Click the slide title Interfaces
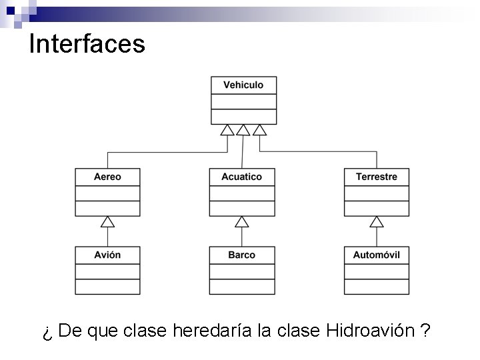coord(87,44)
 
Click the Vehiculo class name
coord(243,85)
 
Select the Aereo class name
coord(107,177)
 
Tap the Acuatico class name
coord(241,177)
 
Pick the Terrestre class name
coord(377,177)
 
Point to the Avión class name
coord(107,255)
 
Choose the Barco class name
coord(241,255)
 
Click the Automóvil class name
coord(377,255)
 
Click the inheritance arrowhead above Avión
coord(107,221)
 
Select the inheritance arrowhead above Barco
coord(242,221)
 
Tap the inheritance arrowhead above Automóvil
coord(377,221)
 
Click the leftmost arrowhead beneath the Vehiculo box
coord(227,129)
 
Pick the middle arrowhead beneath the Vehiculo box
coord(243,129)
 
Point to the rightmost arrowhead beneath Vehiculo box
coord(259,129)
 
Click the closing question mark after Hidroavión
coord(425,331)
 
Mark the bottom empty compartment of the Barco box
coord(241,287)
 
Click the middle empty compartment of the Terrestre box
coord(377,193)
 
